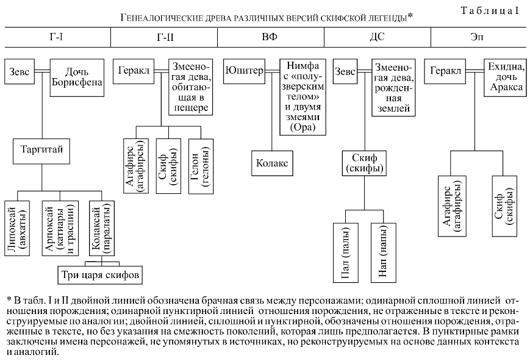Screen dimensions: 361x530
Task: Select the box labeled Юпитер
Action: tap(244, 71)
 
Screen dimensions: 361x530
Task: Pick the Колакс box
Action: tap(271, 163)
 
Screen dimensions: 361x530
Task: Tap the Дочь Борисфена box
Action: tap(76, 77)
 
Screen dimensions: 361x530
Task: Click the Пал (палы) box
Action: tap(346, 253)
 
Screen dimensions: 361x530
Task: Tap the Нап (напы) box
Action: tap(384, 253)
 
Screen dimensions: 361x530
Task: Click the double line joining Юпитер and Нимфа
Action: tap(272, 71)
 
